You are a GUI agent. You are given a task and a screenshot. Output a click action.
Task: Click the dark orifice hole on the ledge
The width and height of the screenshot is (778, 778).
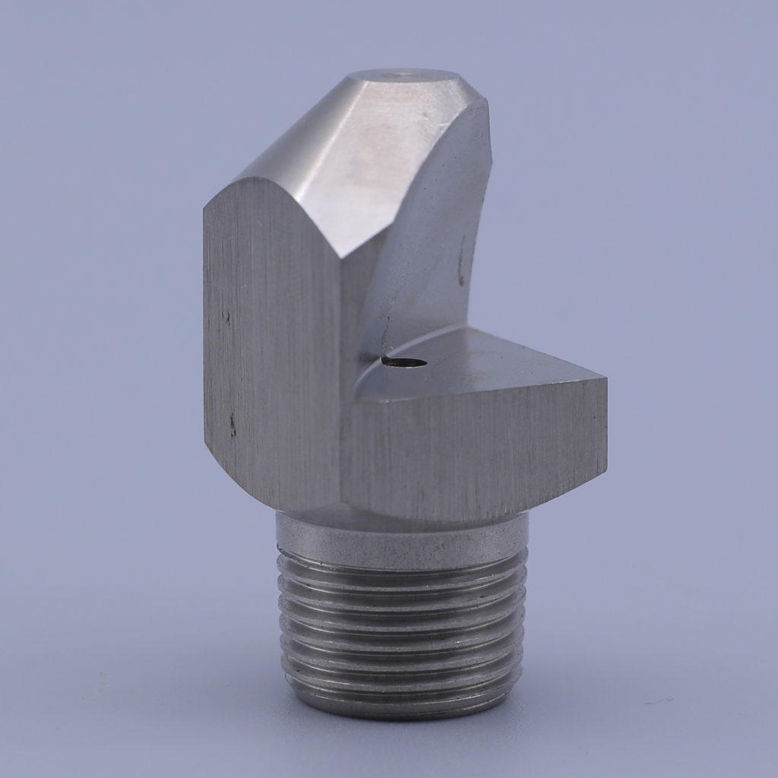[404, 362]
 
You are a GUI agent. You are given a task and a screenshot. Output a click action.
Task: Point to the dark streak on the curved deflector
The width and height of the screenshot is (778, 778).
[461, 266]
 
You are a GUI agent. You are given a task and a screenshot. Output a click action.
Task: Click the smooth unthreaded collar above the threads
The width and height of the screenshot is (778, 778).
[403, 532]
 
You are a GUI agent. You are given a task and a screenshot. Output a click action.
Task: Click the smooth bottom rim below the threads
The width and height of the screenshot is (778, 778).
[403, 703]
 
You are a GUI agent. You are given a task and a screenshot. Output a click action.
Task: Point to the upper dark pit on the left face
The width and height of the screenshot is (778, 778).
[226, 315]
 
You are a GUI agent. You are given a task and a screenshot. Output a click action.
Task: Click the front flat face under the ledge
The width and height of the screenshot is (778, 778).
[471, 456]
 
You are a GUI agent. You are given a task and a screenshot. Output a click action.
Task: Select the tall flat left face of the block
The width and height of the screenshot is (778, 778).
[270, 342]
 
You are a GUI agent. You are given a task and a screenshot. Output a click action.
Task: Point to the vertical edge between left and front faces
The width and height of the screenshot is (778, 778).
[340, 380]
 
